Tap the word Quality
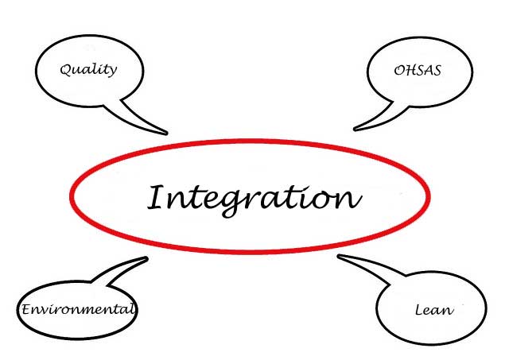[88, 69]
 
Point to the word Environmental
[78, 308]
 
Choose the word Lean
[433, 309]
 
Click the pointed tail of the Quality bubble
[165, 132]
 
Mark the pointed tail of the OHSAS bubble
[356, 129]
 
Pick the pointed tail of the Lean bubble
[340, 257]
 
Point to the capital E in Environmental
[25, 308]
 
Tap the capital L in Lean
[419, 309]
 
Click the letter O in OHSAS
[399, 70]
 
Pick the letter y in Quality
[112, 72]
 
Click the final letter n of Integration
[349, 198]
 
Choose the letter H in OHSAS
[410, 70]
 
